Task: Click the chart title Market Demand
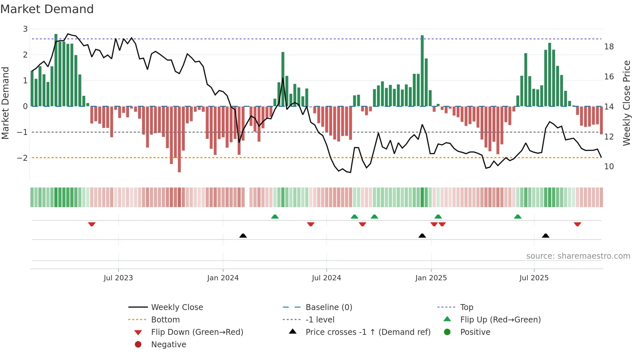click(47, 9)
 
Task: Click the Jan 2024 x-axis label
click(223, 278)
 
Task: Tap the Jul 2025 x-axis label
click(534, 278)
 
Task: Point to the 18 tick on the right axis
click(609, 47)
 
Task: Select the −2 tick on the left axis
click(22, 158)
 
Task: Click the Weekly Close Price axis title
click(626, 103)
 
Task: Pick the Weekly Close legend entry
click(177, 307)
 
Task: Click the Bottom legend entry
click(165, 320)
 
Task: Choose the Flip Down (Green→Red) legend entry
click(197, 332)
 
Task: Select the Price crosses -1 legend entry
click(368, 332)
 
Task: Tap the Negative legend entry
click(168, 345)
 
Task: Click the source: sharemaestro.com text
click(578, 256)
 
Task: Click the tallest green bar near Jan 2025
click(422, 70)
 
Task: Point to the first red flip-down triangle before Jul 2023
click(92, 224)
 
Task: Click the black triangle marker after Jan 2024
click(243, 236)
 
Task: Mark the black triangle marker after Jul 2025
click(546, 236)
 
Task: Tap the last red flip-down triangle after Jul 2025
click(577, 224)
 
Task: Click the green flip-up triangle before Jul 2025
click(518, 217)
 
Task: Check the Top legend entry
click(466, 307)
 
